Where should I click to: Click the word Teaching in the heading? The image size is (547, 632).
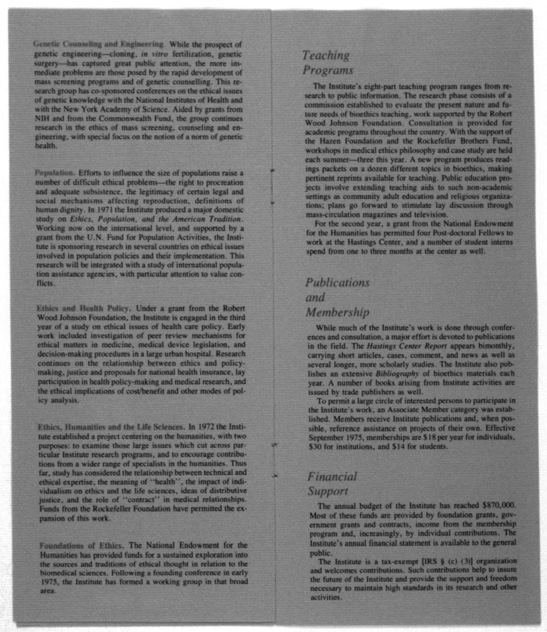(326, 55)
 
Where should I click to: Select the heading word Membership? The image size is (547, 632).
(338, 312)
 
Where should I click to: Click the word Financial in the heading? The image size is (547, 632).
(332, 476)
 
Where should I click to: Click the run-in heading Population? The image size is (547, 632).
(55, 173)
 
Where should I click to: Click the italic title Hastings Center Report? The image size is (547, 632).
(407, 346)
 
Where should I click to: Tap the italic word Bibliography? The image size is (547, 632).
(397, 374)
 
